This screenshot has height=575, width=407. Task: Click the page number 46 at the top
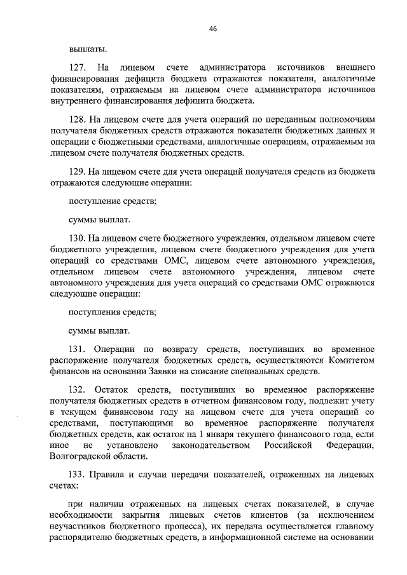pos(212,29)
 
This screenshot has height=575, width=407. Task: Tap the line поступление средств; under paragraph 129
pos(112,201)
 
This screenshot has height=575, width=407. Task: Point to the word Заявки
pos(184,372)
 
